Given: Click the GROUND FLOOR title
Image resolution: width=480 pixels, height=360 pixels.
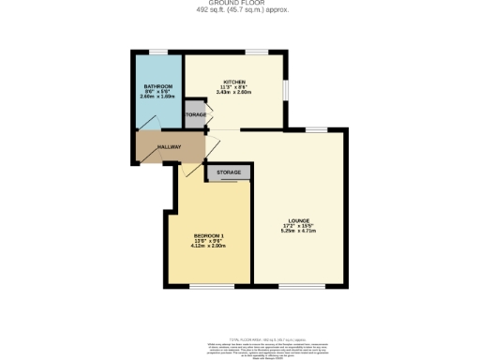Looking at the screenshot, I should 240,4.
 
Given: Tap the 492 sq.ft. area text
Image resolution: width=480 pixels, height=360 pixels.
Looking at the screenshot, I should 240,10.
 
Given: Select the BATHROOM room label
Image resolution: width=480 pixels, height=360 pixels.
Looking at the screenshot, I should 152,85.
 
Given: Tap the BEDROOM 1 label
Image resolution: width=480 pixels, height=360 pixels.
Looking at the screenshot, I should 208,234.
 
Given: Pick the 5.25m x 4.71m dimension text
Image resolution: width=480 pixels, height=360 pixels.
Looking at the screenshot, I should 299,232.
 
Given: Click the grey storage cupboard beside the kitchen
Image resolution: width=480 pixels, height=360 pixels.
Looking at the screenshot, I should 195,114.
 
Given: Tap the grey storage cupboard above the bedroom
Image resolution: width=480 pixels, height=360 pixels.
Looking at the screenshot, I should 231,173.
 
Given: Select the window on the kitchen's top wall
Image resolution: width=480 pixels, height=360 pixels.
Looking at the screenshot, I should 255,52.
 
